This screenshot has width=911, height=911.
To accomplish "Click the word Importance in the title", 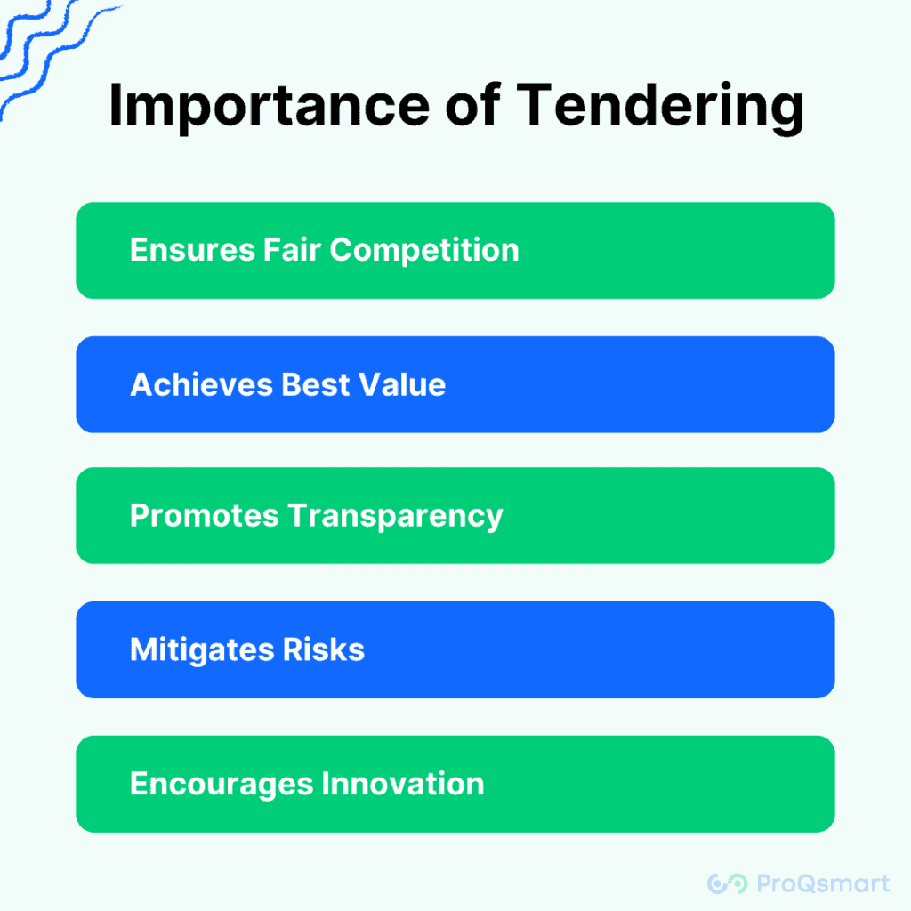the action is (269, 106).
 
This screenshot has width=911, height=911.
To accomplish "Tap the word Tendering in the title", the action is (660, 106).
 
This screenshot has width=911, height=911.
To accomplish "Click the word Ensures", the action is (192, 250).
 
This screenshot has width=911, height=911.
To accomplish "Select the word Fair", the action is (292, 249).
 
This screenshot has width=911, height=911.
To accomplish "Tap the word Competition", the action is (424, 250).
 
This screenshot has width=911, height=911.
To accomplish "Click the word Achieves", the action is (202, 384).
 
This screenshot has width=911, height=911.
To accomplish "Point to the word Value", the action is (402, 384).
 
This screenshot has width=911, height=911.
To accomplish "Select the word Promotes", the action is (205, 515).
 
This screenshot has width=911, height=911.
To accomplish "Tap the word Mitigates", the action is (202, 649).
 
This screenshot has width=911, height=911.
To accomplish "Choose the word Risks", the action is (324, 649).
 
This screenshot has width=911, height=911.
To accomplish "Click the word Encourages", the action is (222, 784).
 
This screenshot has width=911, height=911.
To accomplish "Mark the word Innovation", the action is (403, 783).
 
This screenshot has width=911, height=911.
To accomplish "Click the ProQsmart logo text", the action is (823, 883).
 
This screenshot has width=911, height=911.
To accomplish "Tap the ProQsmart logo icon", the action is (727, 883).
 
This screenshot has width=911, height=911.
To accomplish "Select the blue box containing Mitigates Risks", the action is (455, 649).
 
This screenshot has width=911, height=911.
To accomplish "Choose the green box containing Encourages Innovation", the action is (455, 784).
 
